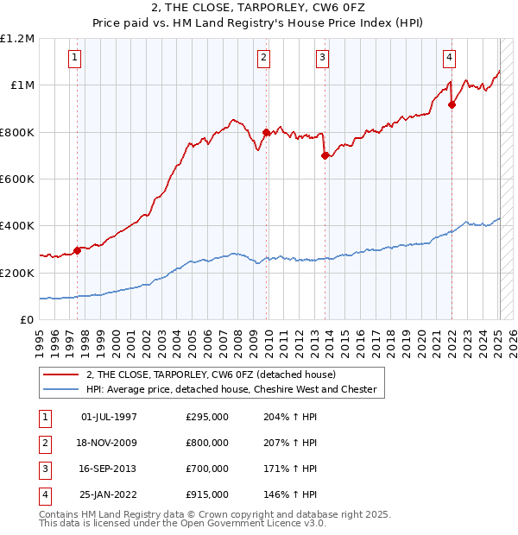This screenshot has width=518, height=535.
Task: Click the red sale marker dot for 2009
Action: [266, 133]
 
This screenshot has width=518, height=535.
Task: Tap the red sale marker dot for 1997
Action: [77, 250]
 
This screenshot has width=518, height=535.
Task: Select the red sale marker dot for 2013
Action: [325, 156]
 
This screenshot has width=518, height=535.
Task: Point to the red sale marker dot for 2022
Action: [452, 105]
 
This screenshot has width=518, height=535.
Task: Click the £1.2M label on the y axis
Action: [17, 39]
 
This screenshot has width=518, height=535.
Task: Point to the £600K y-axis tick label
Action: [17, 179]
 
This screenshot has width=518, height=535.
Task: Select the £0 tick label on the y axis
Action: [27, 319]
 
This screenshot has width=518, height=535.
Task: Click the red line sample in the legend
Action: [61, 374]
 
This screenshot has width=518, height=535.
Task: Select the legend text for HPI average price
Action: [231, 389]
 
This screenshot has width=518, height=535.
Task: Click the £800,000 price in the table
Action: [207, 443]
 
